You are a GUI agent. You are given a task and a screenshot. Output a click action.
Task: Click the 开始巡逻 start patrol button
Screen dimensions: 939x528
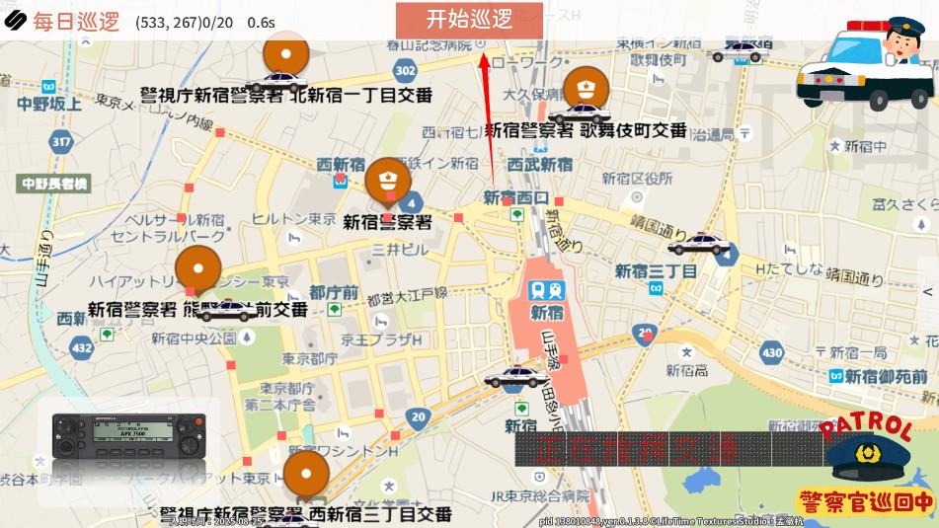pos(470,19)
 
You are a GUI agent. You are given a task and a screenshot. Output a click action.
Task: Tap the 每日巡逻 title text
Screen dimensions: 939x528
pos(75,22)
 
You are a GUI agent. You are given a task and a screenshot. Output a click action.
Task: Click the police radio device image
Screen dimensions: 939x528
pos(128,435)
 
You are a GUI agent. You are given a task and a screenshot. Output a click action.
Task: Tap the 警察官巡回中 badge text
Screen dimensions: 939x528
pos(865,501)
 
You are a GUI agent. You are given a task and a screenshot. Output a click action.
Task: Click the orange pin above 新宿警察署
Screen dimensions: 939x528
pos(387,182)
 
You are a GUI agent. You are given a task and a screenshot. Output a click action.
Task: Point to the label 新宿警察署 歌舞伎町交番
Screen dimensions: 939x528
pos(586,129)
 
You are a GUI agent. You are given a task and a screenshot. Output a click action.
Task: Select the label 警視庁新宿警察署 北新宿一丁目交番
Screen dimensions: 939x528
pos(286,95)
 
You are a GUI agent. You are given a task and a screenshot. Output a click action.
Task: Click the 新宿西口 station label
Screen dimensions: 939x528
pos(515,197)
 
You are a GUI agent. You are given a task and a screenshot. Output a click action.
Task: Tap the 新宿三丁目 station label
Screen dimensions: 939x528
pos(656,270)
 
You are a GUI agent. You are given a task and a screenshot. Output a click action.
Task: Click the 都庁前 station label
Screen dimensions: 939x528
pos(334,292)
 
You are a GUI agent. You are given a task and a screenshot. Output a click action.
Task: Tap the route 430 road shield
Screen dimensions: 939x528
pos(772,351)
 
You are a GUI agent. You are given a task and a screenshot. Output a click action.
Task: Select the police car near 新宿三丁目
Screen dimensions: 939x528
pos(700,243)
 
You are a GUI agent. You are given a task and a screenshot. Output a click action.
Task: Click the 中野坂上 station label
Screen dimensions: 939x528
pos(49,103)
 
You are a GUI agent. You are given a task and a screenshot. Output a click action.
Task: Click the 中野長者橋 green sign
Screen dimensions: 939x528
pos(55,184)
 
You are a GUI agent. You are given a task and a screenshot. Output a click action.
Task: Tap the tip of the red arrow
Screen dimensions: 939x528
pos(484,54)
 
